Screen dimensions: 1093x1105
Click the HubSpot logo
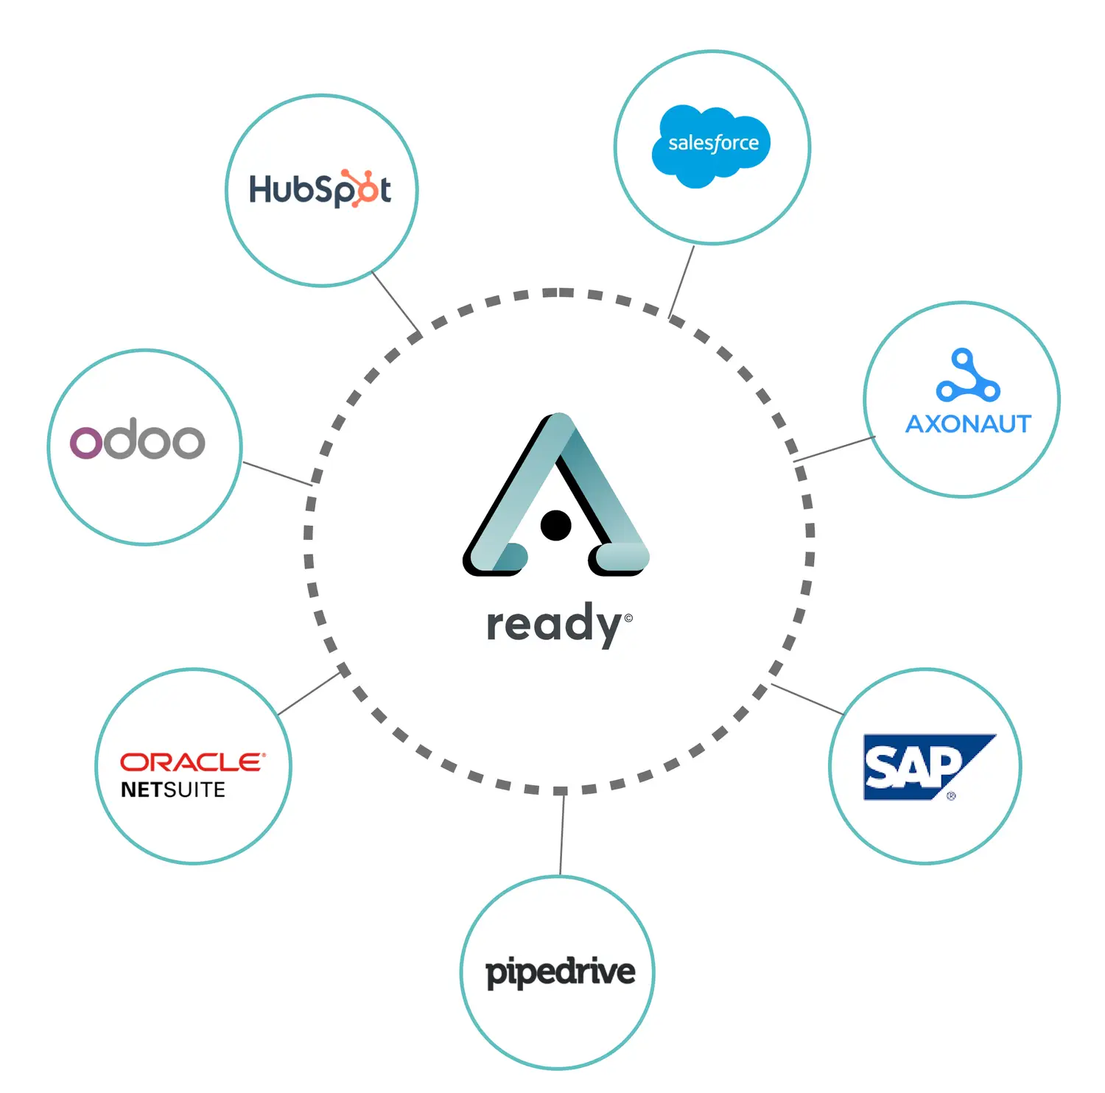[x=320, y=189]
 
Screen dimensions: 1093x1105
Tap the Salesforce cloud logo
[x=711, y=145]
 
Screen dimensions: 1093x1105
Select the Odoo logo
[x=137, y=440]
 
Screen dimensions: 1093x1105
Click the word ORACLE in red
[x=192, y=762]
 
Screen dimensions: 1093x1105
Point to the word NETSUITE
[x=173, y=790]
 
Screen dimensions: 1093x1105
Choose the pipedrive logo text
[x=560, y=972]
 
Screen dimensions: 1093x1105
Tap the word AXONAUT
[x=968, y=424]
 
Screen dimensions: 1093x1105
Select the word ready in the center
[x=554, y=625]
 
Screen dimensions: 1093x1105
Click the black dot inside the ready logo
[x=555, y=525]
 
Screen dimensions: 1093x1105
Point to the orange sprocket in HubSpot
[x=362, y=189]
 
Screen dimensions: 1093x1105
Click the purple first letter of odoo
[x=84, y=442]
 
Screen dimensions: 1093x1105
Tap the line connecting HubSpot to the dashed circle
[x=396, y=303]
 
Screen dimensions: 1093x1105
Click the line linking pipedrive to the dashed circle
[x=562, y=834]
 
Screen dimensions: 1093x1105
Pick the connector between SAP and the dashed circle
[x=807, y=699]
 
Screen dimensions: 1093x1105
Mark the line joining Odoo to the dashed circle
[x=277, y=474]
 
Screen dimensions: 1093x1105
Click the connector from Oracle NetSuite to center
[x=308, y=694]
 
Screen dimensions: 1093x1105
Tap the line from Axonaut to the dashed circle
[x=835, y=449]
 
